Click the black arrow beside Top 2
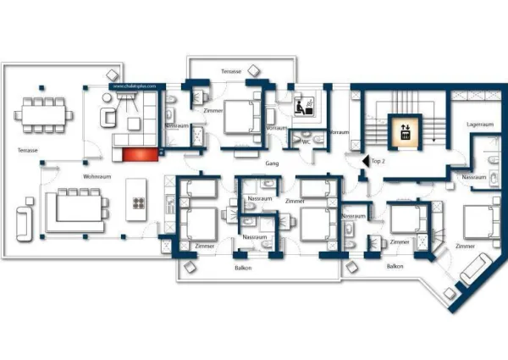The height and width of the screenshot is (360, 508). [364, 159]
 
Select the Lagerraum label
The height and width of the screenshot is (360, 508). [480, 125]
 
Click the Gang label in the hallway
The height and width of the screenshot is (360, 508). [273, 162]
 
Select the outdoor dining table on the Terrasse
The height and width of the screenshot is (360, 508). [41, 111]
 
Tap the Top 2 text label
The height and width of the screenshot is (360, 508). [378, 159]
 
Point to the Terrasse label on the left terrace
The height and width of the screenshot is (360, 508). [27, 150]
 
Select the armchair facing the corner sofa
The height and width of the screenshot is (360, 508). [109, 117]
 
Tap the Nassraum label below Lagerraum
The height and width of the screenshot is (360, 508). [473, 177]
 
